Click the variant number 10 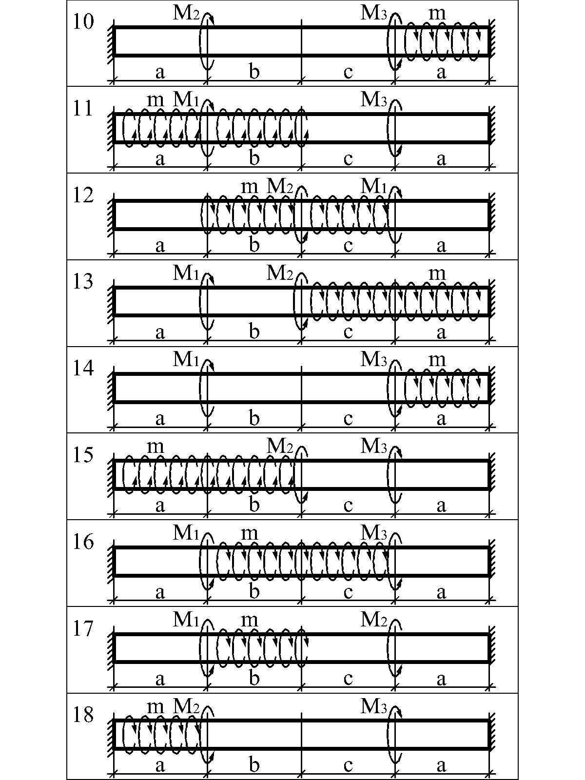[83, 22]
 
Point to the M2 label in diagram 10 [186, 13]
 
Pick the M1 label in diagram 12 [373, 186]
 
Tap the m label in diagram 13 [437, 274]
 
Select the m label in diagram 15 [156, 447]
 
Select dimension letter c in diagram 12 [348, 246]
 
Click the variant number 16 [83, 542]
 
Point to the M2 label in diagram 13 [280, 273]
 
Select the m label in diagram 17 [249, 620]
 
